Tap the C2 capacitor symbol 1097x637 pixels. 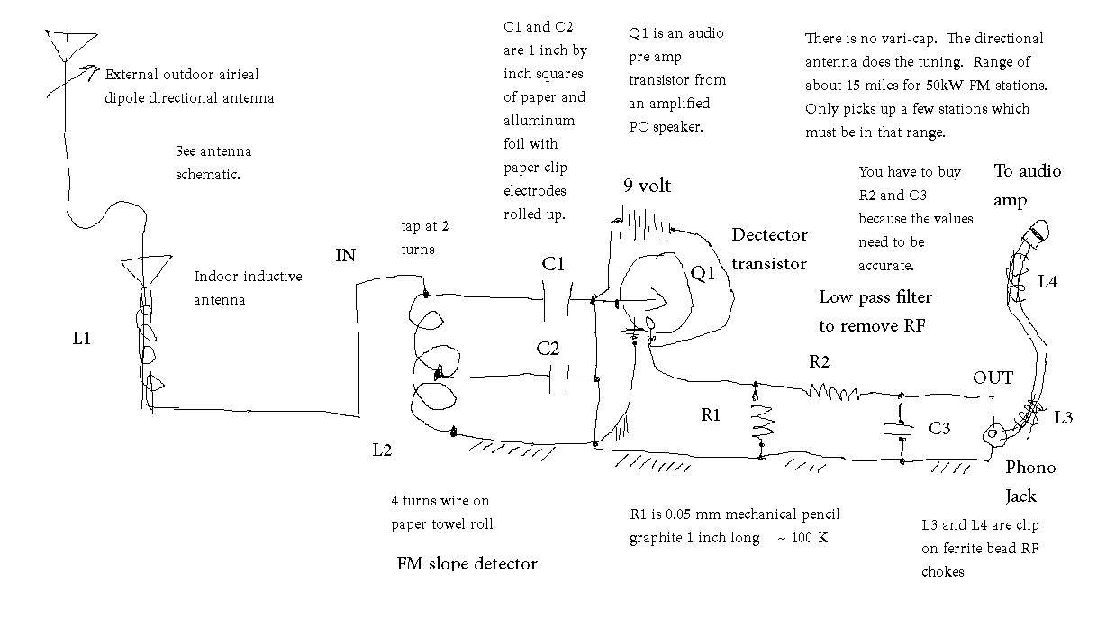click(558, 378)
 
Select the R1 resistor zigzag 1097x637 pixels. click(762, 423)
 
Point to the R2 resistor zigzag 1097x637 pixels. click(832, 392)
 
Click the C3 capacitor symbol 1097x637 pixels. click(900, 430)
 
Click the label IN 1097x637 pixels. click(345, 255)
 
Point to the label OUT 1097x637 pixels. click(993, 378)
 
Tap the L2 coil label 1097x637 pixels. click(382, 450)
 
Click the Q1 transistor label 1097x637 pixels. click(703, 273)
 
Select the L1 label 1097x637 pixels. click(81, 338)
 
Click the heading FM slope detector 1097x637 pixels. click(467, 564)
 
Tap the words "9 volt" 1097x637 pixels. click(647, 186)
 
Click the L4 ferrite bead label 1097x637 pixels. click(1047, 282)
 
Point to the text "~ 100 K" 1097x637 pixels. click(802, 538)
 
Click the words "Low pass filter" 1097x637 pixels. click(875, 297)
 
